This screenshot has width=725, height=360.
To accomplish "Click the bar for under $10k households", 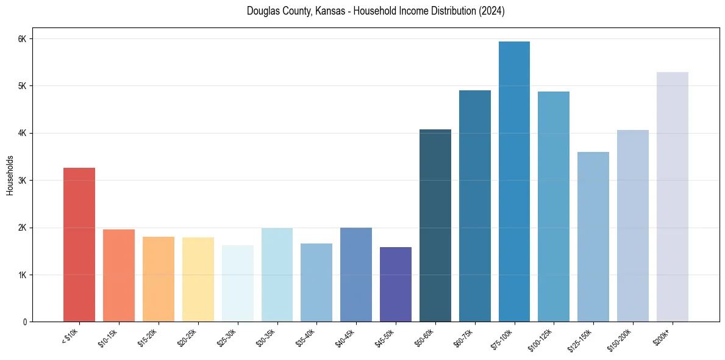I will click(79, 244).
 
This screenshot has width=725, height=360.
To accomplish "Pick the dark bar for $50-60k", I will click(435, 226).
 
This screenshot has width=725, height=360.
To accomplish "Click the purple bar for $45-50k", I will click(396, 284).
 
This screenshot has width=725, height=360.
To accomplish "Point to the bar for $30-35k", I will click(277, 275).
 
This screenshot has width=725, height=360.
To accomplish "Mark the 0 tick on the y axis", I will click(24, 322).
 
